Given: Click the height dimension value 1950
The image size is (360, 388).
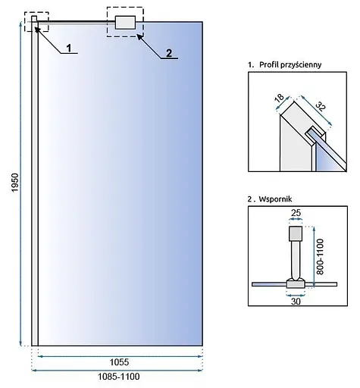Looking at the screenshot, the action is pyautogui.click(x=15, y=182).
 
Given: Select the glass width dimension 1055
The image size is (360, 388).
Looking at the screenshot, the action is pyautogui.click(x=119, y=362).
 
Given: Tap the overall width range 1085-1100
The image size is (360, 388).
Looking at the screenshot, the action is pyautogui.click(x=118, y=377).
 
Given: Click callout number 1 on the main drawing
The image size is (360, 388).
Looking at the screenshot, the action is pyautogui.click(x=69, y=48).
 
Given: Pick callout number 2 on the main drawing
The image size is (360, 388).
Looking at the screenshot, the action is pyautogui.click(x=169, y=53).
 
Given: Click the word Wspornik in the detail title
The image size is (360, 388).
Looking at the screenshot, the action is pyautogui.click(x=275, y=199).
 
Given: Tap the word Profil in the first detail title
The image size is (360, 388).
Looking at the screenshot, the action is pyautogui.click(x=269, y=64).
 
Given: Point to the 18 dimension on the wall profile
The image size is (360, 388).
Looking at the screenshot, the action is pyautogui.click(x=279, y=98).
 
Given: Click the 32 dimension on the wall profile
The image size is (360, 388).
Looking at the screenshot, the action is pyautogui.click(x=321, y=106).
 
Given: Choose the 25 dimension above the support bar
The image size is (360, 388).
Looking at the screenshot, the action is pyautogui.click(x=296, y=213).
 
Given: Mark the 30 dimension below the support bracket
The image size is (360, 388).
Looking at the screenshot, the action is pyautogui.click(x=296, y=301).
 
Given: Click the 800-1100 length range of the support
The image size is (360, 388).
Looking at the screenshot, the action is pyautogui.click(x=320, y=257).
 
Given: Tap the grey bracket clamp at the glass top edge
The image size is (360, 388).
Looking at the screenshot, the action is pyautogui.click(x=125, y=23).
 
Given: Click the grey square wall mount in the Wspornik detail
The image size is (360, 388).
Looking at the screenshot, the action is pyautogui.click(x=296, y=233).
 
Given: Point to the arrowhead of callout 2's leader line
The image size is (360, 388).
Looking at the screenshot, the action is pyautogui.click(x=139, y=36).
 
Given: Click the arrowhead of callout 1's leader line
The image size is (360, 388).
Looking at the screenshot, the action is pyautogui.click(x=37, y=30).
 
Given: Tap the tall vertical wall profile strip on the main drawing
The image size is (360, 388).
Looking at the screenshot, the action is pyautogui.click(x=35, y=181).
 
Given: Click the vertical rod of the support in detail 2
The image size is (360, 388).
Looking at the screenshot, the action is pyautogui.click(x=296, y=259).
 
